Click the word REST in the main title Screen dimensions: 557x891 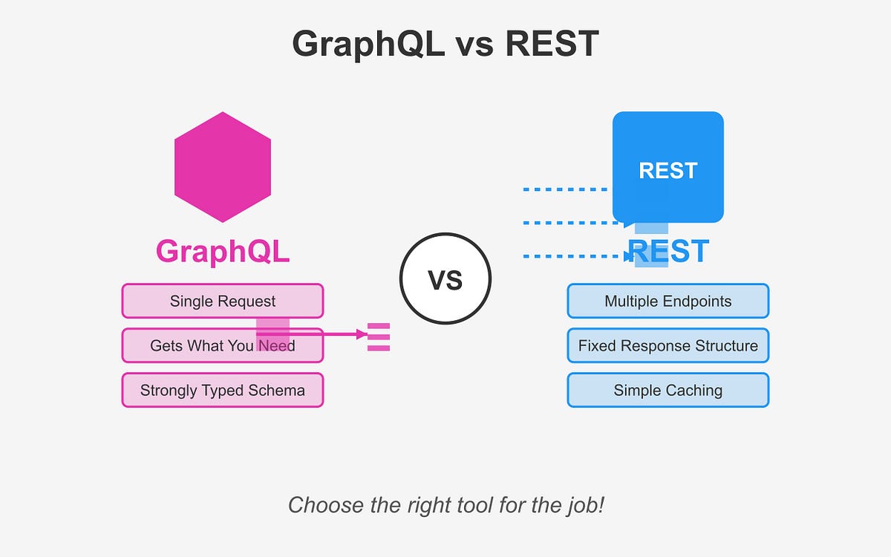552,45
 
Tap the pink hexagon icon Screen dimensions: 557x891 223,167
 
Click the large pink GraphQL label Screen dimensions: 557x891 223,252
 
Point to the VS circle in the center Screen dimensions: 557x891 446,278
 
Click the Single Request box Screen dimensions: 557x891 223,301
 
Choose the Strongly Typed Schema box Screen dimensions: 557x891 223,390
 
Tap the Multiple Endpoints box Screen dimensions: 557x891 668,301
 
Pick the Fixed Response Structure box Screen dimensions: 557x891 668,345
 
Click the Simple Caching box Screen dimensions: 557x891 668,390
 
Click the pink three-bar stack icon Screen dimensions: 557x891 379,336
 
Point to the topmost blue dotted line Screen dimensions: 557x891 564,189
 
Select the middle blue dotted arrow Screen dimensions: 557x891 572,222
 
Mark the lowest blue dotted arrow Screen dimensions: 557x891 572,256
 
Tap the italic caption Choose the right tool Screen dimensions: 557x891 446,506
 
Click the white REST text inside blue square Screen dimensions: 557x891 668,171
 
